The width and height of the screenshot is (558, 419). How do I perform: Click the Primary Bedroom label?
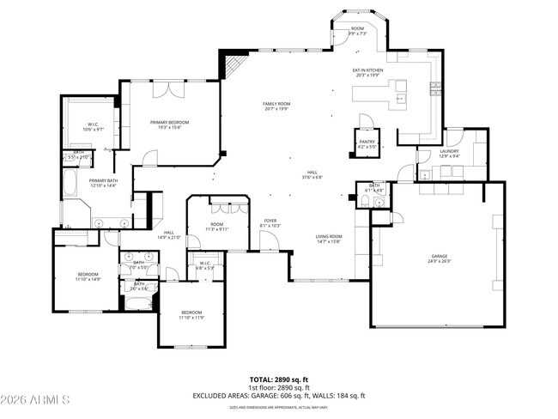click(x=169, y=124)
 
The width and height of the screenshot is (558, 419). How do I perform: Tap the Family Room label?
click(x=276, y=106)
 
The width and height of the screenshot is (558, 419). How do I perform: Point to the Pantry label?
click(x=367, y=143)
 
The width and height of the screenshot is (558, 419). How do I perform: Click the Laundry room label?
click(x=426, y=154)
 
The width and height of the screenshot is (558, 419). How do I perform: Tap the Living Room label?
click(x=328, y=239)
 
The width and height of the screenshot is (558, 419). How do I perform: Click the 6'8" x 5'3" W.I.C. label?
click(x=204, y=265)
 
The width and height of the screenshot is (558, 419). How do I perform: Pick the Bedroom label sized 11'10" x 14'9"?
click(x=88, y=276)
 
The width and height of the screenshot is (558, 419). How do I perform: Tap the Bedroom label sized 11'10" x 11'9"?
click(x=191, y=314)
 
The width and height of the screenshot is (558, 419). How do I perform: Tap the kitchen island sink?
click(x=400, y=100)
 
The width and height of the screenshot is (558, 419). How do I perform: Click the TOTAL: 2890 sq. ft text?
click(x=279, y=378)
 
